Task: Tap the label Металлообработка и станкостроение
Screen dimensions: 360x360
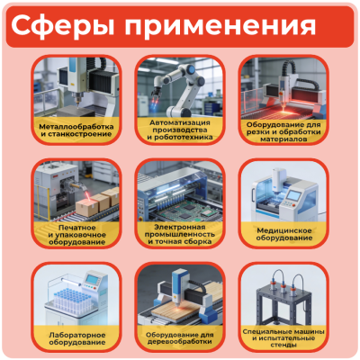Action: [x=76, y=131]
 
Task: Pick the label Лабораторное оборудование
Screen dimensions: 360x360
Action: [x=76, y=337]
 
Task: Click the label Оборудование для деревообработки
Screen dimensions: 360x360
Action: [x=180, y=337]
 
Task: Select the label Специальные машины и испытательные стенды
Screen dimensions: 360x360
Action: [x=283, y=337]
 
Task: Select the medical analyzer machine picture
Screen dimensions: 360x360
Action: [x=283, y=193]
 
